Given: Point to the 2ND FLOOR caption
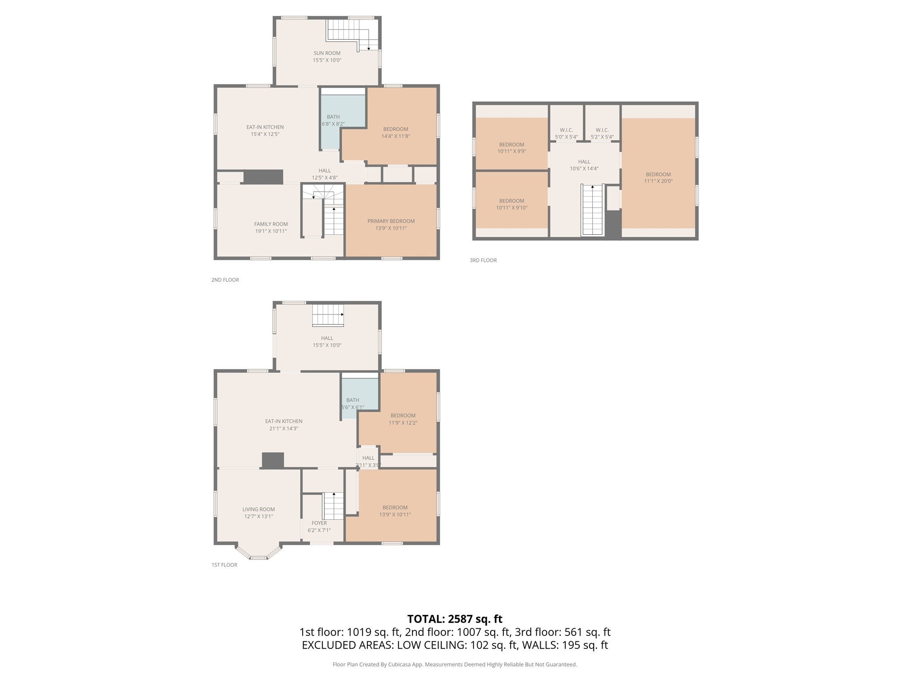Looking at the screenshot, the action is point(225,280).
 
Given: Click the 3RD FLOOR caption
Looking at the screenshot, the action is point(483,260).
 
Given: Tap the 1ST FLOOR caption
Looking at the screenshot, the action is point(224,565).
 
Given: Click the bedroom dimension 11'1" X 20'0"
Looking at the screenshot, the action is point(659,181).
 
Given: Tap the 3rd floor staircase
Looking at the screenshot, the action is point(592,209).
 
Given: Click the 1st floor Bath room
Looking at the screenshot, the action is point(359,398).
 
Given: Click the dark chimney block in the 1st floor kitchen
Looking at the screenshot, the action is point(273,460).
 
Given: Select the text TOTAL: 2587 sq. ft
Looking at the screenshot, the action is point(455,619).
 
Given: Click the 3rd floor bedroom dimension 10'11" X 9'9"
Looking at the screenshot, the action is point(512,151).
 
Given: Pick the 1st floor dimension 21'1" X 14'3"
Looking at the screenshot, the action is point(283,429).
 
